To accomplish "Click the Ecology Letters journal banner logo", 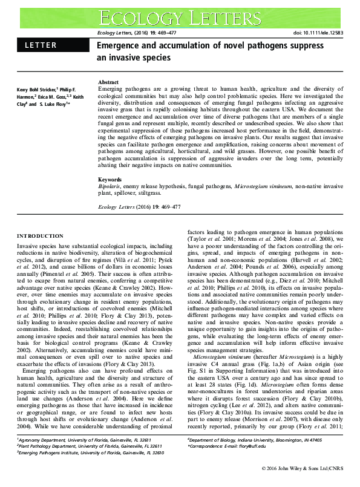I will point(180,16).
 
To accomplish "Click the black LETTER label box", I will point(51,45).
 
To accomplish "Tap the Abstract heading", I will point(108,82).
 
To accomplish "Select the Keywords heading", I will point(110,180).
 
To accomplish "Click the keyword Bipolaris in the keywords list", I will point(110,187).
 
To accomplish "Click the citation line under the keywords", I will point(139,207).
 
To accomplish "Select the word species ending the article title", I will point(157,58).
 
